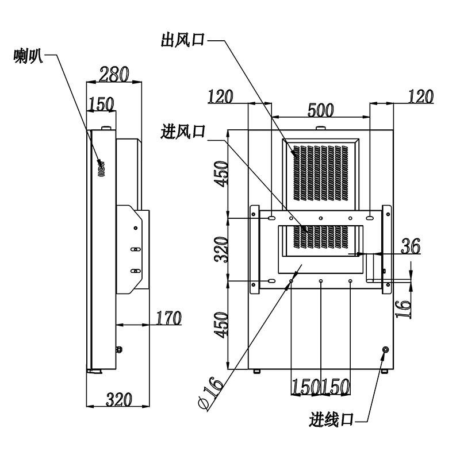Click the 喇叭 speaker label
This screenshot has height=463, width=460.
pos(28,56)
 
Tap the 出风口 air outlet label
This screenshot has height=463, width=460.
pos(183,40)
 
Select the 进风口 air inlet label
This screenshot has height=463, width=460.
pos(183,132)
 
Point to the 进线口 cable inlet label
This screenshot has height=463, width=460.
pos(331,419)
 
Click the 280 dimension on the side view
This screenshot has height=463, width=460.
pos(114,74)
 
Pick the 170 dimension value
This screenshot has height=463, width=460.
pos(168,318)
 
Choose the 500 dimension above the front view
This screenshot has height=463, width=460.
pos(321,110)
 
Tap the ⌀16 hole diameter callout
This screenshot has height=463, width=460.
pos(210,393)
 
